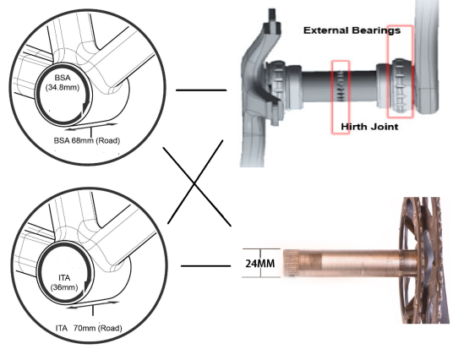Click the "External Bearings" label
[x=352, y=30]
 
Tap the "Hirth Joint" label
[x=369, y=127]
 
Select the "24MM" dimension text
[x=260, y=264]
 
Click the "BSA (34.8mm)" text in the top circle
[x=63, y=83]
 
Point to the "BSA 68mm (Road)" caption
[x=87, y=140]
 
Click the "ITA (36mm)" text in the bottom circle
[x=64, y=282]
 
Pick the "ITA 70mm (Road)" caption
[x=89, y=328]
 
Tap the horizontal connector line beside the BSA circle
[x=201, y=90]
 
